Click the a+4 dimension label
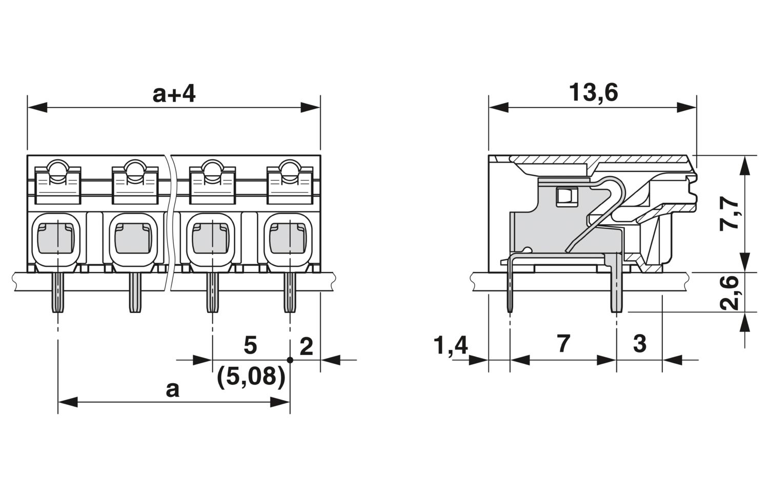click(x=174, y=94)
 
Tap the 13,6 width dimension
click(x=594, y=93)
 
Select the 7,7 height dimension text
click(x=729, y=215)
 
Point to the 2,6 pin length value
click(x=729, y=293)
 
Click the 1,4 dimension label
click(x=451, y=345)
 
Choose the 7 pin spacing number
click(x=564, y=343)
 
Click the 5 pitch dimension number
click(x=250, y=345)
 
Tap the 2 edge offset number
click(x=306, y=346)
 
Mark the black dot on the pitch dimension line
click(x=290, y=360)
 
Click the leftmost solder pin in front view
click(x=57, y=293)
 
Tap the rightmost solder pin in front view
click(x=290, y=293)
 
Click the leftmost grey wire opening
click(x=55, y=238)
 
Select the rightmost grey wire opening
click(x=288, y=238)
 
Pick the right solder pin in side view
click(x=617, y=283)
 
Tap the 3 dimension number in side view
click(x=640, y=343)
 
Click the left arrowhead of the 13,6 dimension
click(x=498, y=108)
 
